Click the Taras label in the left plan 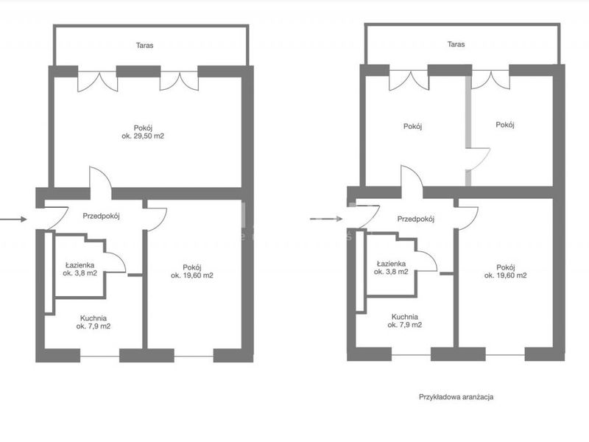point(144,46)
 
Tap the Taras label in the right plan point(456,44)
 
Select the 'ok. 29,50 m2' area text point(143,136)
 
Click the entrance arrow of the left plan point(13,219)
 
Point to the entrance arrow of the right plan point(326,219)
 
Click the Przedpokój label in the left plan point(101,216)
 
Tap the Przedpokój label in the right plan point(416,219)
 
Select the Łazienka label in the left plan point(80,265)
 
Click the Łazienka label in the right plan point(391,264)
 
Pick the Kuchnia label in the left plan point(94,318)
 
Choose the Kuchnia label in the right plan point(404,317)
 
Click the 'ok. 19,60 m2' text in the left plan point(192,276)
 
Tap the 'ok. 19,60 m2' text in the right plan point(505,276)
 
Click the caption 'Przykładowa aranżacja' point(456,397)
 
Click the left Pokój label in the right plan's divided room point(412,126)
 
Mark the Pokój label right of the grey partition point(505,124)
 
